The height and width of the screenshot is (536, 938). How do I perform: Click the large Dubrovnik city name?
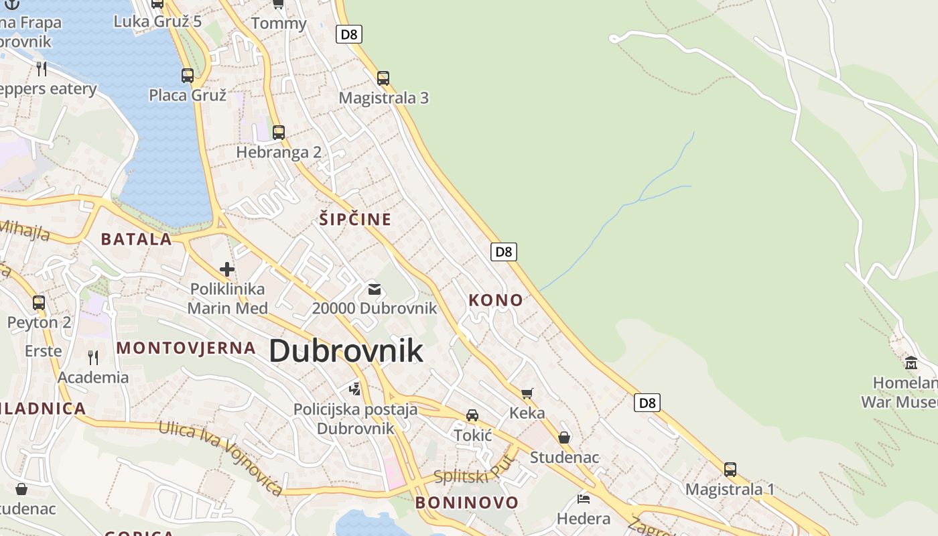coord(346,350)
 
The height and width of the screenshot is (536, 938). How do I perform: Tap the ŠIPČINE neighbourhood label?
coord(355,219)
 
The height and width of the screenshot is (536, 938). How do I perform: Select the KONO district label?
coord(496,300)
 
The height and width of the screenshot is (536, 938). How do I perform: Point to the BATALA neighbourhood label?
coord(137,239)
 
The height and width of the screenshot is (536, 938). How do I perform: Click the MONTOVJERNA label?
coord(186,348)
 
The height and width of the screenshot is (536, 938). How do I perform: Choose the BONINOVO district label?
coord(467,503)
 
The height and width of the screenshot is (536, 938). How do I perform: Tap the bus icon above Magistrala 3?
coord(383,78)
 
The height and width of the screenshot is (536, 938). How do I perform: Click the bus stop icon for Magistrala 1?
coord(730,469)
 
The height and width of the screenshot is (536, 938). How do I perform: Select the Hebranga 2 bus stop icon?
coord(278,132)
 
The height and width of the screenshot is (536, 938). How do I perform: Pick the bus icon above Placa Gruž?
coord(188,75)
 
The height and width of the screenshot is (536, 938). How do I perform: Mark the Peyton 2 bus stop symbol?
coord(39,302)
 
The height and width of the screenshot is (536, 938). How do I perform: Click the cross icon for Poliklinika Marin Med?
coord(227,269)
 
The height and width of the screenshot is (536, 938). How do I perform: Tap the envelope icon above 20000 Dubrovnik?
coord(375,289)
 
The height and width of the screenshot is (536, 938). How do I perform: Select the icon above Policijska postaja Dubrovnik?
coord(354,389)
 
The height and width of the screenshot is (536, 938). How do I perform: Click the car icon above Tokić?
coord(472,415)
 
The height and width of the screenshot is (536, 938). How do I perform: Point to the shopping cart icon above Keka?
coord(527,393)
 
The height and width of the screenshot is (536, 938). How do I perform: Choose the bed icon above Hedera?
coord(584,498)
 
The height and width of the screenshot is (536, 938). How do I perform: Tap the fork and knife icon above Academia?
coord(93,357)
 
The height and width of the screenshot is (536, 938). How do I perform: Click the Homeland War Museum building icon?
coord(911,362)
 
